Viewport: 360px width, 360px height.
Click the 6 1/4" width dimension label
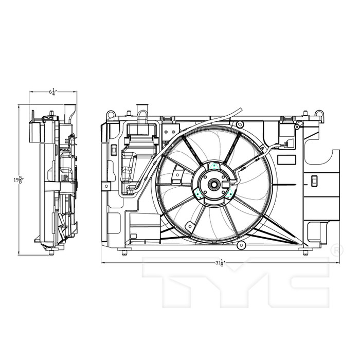(52, 92)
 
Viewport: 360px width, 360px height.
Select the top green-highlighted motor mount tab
(214, 165)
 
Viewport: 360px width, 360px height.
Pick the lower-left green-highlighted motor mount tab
(197, 193)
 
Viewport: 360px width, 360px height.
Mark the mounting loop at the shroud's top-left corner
(109, 114)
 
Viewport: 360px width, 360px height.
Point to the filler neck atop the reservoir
(142, 111)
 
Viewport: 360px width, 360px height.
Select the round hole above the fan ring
(240, 123)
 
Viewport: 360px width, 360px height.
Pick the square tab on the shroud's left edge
(106, 186)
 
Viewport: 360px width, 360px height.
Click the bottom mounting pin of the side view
(51, 252)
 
